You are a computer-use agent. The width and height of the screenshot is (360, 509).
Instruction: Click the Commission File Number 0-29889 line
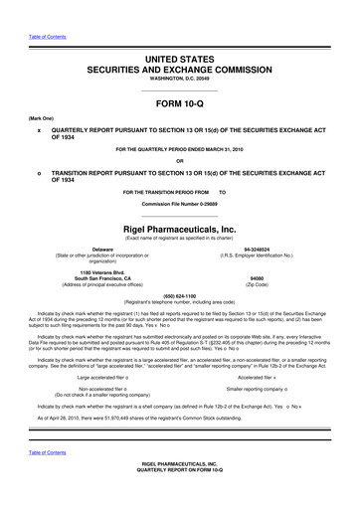click(x=179, y=203)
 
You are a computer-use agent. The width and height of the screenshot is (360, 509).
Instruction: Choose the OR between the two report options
click(x=179, y=162)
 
